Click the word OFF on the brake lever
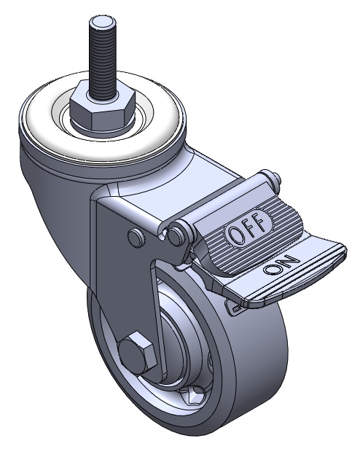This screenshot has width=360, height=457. click(248, 229)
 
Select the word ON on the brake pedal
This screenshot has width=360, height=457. click(281, 265)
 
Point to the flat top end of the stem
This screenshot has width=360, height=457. click(102, 22)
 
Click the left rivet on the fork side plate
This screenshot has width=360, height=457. click(136, 237)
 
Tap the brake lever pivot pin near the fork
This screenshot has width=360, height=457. click(176, 235)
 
